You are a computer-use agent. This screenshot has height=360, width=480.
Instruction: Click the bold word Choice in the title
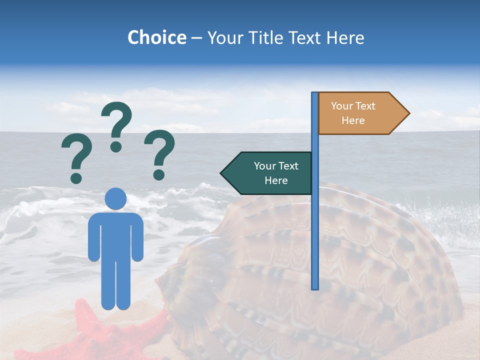point(156,37)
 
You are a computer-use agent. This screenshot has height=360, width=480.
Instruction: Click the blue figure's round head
point(116,198)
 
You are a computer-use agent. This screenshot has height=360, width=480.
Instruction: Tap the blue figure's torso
point(116,235)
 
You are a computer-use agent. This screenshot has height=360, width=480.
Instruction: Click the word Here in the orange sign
point(353,120)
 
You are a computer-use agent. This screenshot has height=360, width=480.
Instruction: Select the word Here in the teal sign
point(276,180)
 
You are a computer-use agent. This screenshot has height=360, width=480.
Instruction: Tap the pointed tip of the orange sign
point(408,113)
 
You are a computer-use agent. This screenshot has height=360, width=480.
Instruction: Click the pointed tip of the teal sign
point(222,173)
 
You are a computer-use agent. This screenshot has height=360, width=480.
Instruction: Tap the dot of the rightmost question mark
point(159,175)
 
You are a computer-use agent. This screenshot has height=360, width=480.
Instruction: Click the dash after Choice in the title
point(196,38)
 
